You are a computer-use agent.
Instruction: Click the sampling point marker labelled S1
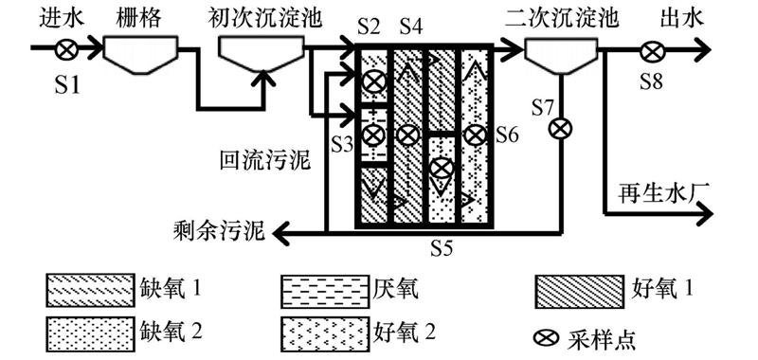coord(66,48)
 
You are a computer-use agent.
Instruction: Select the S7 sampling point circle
coord(560,129)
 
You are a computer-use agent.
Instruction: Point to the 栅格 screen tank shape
coord(141,55)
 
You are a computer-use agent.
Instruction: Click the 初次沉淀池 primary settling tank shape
coord(262,55)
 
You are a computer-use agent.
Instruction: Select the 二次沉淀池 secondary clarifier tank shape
coord(560,56)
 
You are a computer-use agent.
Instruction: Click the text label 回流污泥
coord(264,161)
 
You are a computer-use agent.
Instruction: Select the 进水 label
coord(63,18)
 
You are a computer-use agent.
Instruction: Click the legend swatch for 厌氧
coord(324,290)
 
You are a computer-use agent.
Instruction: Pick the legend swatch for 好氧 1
coord(578,290)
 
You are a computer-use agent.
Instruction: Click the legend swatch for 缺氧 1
coord(89,290)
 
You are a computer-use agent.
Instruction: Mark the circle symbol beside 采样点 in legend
coord(547,338)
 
